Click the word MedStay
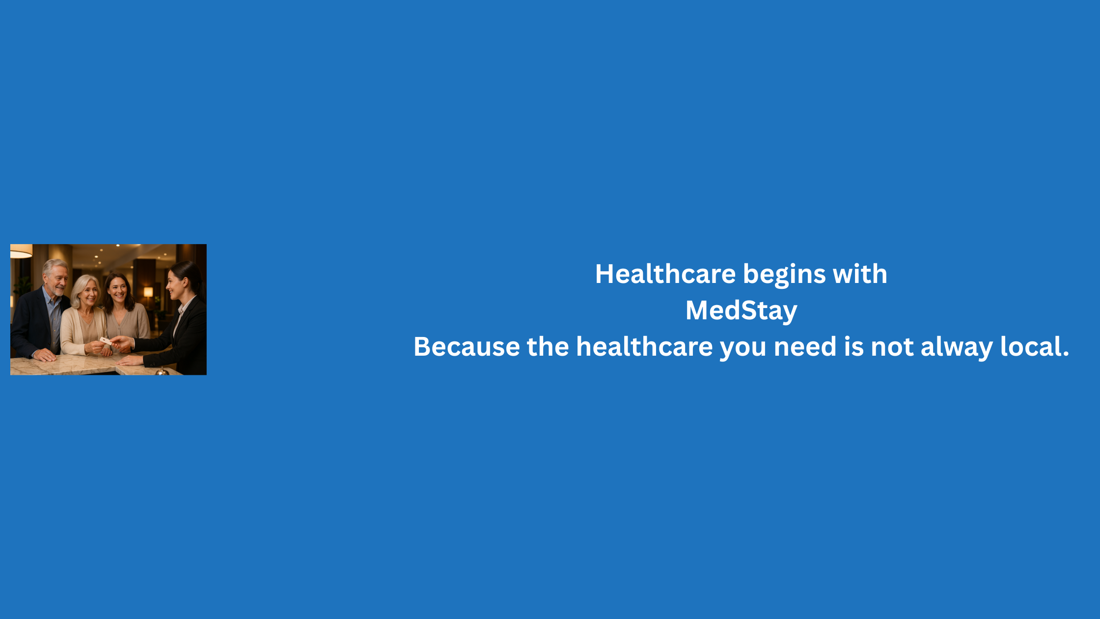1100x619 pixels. click(741, 310)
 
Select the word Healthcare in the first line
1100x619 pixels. click(665, 274)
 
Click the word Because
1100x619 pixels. click(467, 347)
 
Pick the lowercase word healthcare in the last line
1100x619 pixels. click(644, 346)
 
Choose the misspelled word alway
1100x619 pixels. click(957, 348)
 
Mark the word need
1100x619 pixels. click(805, 346)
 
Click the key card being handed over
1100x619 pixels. click(105, 340)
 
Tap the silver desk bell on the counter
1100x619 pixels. click(162, 371)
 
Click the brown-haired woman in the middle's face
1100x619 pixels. click(118, 289)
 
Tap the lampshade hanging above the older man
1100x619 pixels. click(21, 251)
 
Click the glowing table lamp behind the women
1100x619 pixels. click(148, 292)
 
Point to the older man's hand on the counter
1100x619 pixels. click(44, 354)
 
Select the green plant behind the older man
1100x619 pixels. click(22, 286)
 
